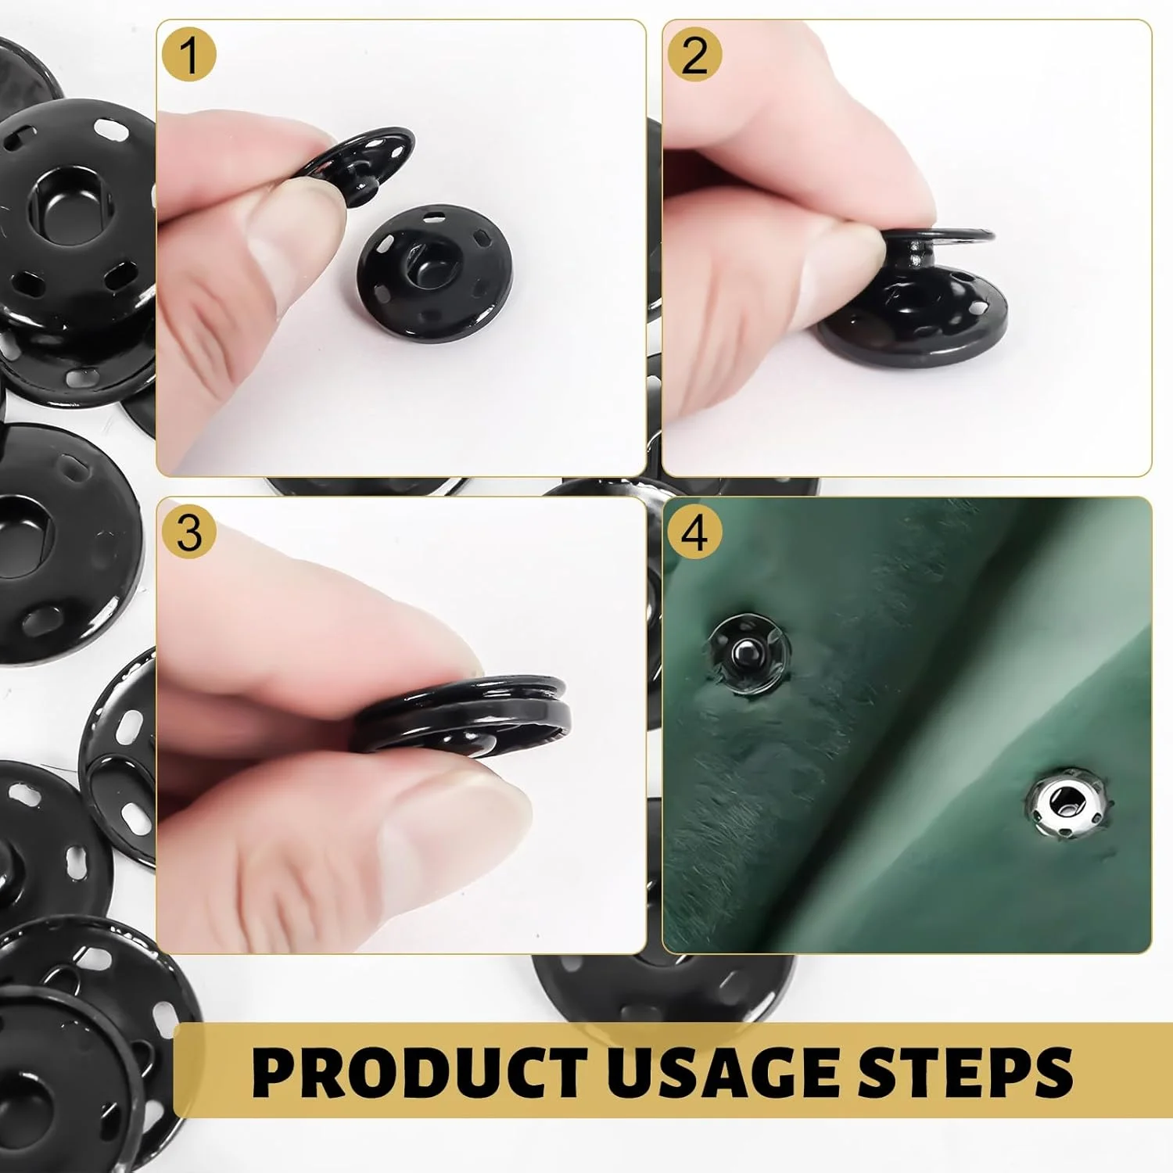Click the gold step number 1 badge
tap(188, 56)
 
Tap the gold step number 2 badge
tap(694, 56)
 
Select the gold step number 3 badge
tap(188, 533)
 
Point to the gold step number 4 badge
tap(694, 533)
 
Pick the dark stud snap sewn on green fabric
tap(749, 652)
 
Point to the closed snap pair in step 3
tap(461, 716)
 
